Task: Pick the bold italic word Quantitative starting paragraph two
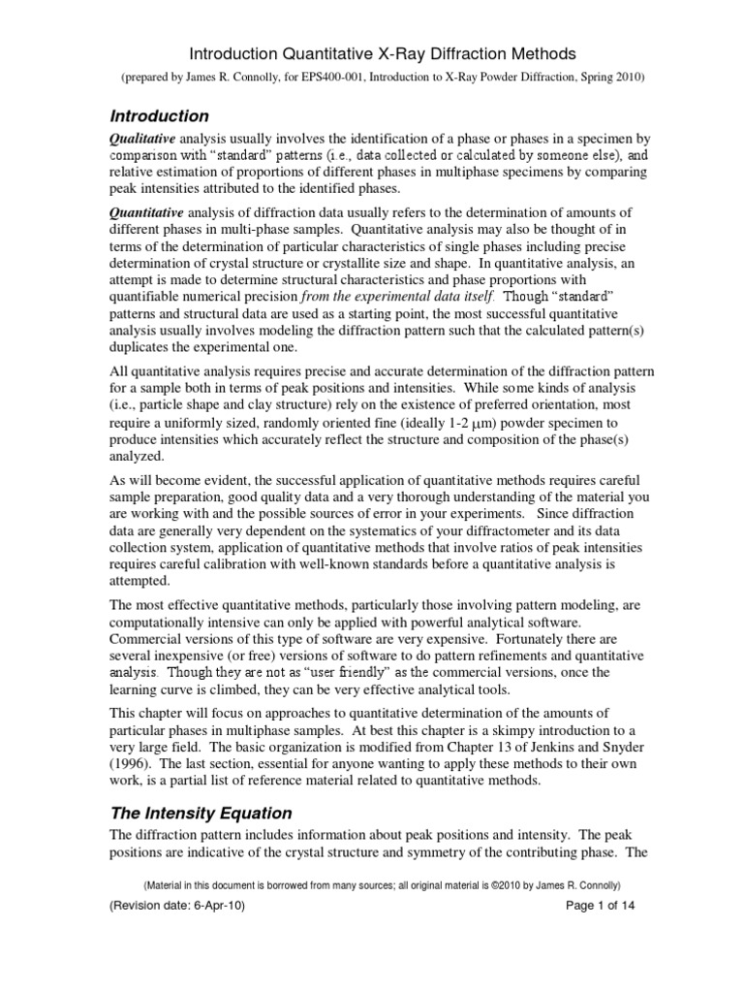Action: [146, 213]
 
